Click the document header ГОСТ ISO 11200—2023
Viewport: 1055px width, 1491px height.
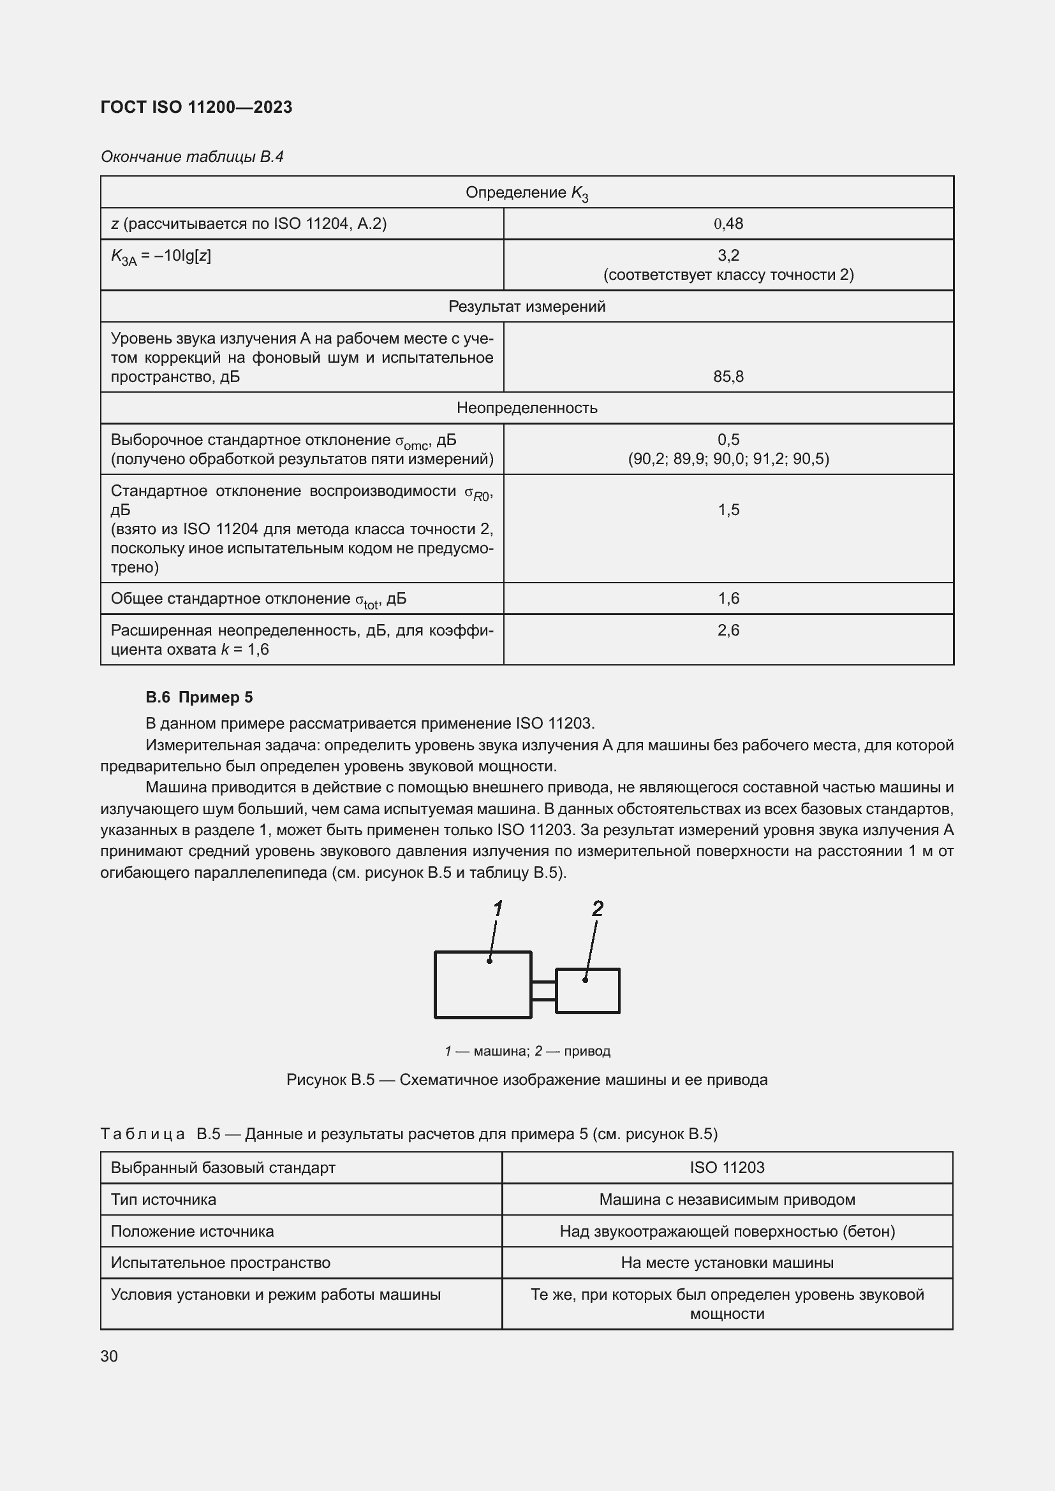click(x=196, y=107)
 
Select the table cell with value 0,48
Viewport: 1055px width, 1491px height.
click(x=728, y=224)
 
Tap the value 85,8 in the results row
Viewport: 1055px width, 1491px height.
click(x=728, y=377)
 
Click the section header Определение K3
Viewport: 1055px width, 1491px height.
click(x=527, y=193)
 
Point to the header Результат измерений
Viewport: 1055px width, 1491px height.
click(x=527, y=307)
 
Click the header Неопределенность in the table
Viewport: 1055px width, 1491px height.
click(x=527, y=408)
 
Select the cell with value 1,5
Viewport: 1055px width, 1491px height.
click(x=728, y=510)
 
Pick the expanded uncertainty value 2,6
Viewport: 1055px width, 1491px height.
click(x=728, y=630)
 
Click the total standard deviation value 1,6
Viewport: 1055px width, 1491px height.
click(x=728, y=599)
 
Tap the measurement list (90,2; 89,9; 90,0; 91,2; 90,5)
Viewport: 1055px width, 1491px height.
click(x=728, y=459)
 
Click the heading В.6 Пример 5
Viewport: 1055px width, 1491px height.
click(x=200, y=697)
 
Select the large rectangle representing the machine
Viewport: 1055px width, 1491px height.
click(x=483, y=984)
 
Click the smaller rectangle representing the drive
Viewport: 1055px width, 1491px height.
click(x=587, y=991)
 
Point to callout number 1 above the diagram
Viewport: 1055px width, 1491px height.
click(x=498, y=908)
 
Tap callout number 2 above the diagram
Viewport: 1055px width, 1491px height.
click(x=598, y=908)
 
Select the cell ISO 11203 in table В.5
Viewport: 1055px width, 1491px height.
click(x=727, y=1168)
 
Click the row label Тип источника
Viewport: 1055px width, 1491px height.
click(x=163, y=1200)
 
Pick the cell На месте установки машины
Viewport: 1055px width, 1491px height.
click(x=727, y=1263)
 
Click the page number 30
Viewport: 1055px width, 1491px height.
click(x=109, y=1356)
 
